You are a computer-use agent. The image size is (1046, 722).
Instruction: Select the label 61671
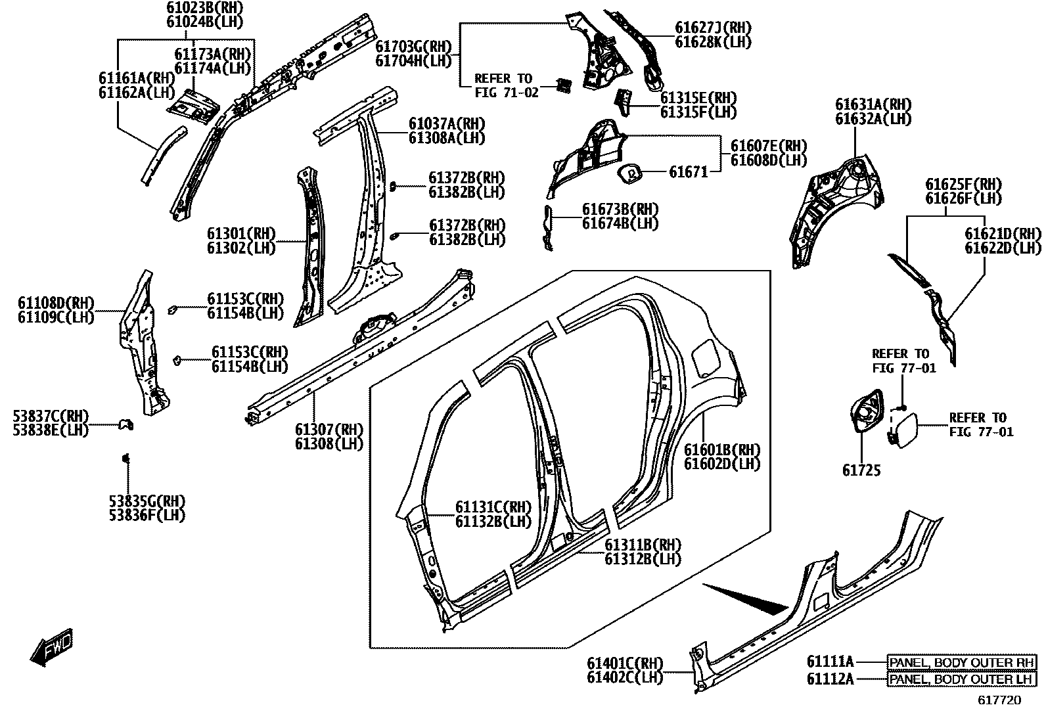[689, 173]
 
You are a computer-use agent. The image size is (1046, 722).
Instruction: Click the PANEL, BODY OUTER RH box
[962, 662]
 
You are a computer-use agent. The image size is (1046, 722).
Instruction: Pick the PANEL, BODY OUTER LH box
[962, 679]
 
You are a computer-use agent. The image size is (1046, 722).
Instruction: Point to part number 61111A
[830, 662]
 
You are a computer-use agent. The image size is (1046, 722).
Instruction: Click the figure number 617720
[999, 700]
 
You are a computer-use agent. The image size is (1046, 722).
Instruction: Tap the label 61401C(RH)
[625, 663]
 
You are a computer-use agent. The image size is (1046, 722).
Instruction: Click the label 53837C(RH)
[51, 417]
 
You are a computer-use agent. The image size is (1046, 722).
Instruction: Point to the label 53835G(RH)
[147, 501]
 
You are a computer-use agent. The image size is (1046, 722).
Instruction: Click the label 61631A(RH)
[873, 104]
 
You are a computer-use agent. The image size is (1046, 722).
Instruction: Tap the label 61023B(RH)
[195, 8]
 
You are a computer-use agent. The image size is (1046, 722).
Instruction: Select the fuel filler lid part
[900, 428]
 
